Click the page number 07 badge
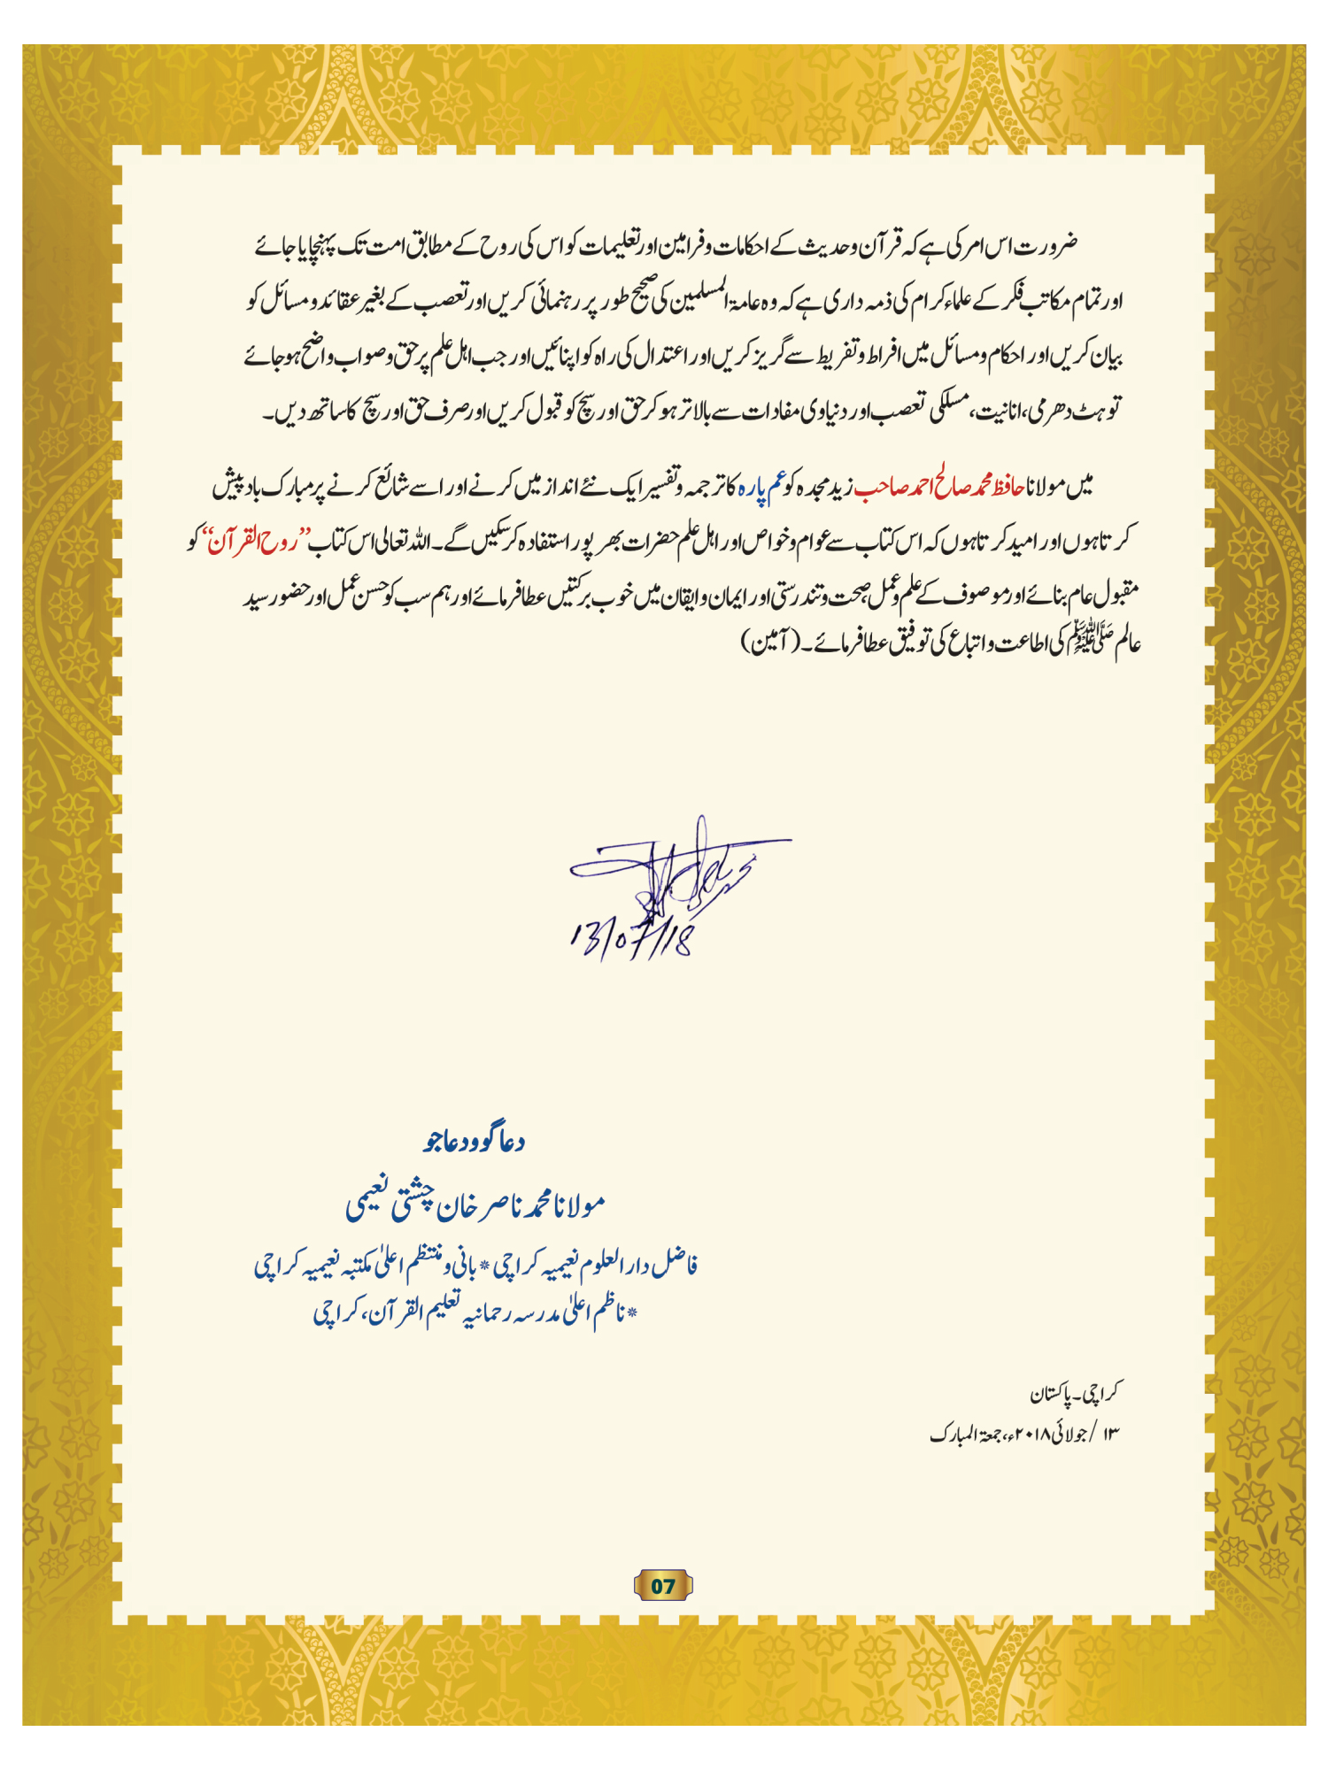[663, 1586]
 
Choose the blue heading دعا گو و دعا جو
[475, 1142]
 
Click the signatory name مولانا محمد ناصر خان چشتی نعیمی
[475, 1204]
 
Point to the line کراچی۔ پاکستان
[1074, 1394]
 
